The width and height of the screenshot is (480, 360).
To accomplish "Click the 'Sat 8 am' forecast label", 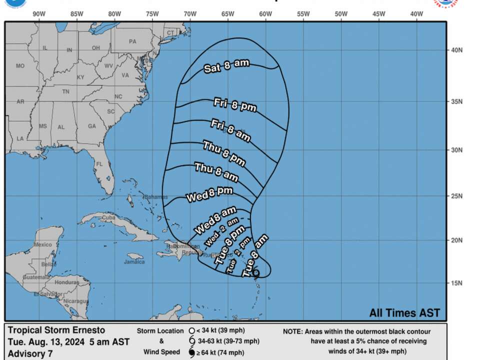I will coord(226,66).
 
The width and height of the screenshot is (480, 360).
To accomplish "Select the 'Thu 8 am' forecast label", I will coord(216,172).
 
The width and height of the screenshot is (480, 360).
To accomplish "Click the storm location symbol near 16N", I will coord(256,273).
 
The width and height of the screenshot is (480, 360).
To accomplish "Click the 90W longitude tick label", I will coord(39,14).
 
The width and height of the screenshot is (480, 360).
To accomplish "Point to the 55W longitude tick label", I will coord(303,14).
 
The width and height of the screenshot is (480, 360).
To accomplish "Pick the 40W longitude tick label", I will coord(416,14).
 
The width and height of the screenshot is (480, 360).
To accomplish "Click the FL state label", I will coord(99,164).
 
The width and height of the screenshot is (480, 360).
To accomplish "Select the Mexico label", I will coord(43,244).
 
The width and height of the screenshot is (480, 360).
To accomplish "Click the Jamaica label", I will coord(135,261).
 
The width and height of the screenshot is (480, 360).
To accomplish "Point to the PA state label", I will coord(132,42).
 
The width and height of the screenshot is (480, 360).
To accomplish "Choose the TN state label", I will coord(65,92).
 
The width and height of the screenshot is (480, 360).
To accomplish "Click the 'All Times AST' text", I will coord(404,313).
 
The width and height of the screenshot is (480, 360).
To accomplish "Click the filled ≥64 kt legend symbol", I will coord(191,353).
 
